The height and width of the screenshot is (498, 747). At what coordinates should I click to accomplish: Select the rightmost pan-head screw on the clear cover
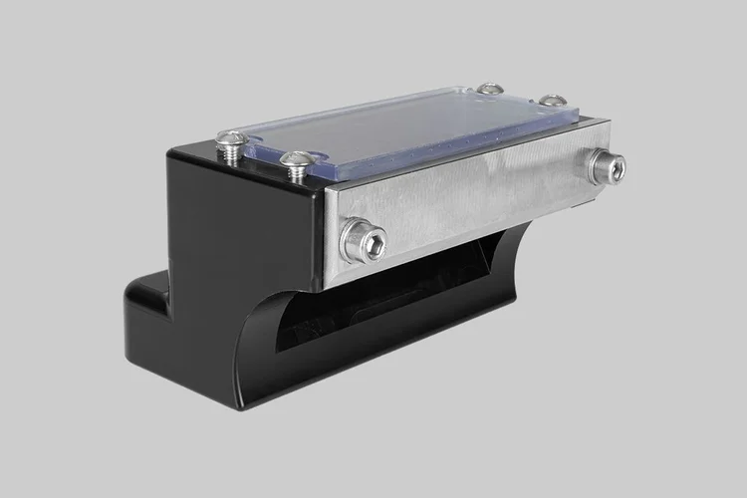coord(551,99)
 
